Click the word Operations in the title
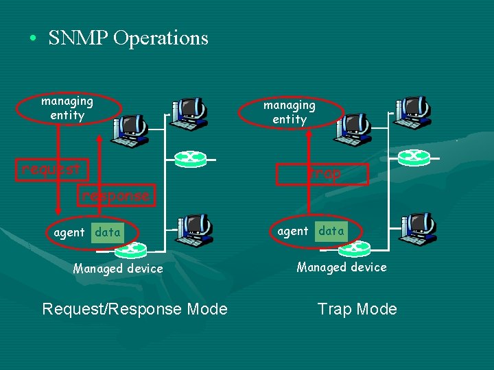pos(161,38)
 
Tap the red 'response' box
pos(115,196)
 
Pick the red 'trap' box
pos(322,174)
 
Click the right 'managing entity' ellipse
pos(290,112)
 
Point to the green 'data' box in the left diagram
pos(108,232)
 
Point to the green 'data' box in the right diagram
pos(331,231)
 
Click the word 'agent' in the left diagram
pos(69,232)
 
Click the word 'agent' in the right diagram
pos(292,231)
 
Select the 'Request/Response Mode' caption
pos(134,309)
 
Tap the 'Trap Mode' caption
pos(357,309)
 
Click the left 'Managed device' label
pos(118,269)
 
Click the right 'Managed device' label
pos(342,267)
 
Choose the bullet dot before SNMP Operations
pos(33,39)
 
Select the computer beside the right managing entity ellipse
pos(353,129)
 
